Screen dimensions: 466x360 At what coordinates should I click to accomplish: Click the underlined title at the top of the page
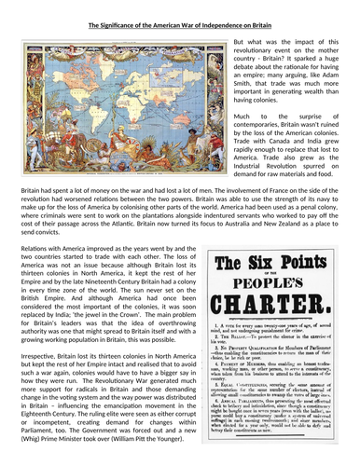click(180, 8)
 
